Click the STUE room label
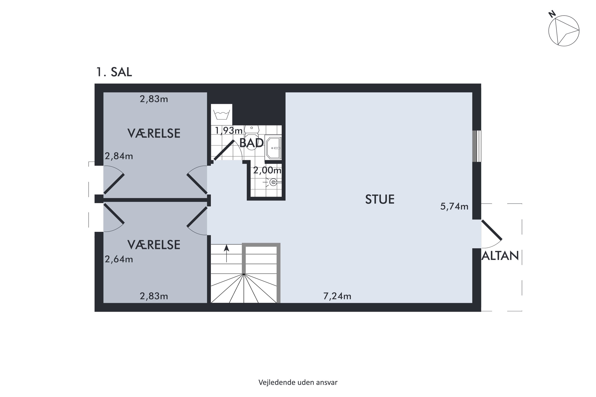(x=380, y=199)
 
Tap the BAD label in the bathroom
(x=251, y=143)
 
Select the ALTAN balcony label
(x=500, y=256)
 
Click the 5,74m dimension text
(x=454, y=207)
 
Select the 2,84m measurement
(x=119, y=156)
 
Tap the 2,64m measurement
(x=119, y=259)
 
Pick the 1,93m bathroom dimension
(x=229, y=131)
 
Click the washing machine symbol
(x=222, y=115)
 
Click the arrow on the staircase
(x=226, y=253)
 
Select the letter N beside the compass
(x=552, y=14)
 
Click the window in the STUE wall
(x=477, y=146)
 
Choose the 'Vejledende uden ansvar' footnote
(x=298, y=382)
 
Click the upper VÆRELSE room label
(x=154, y=133)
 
